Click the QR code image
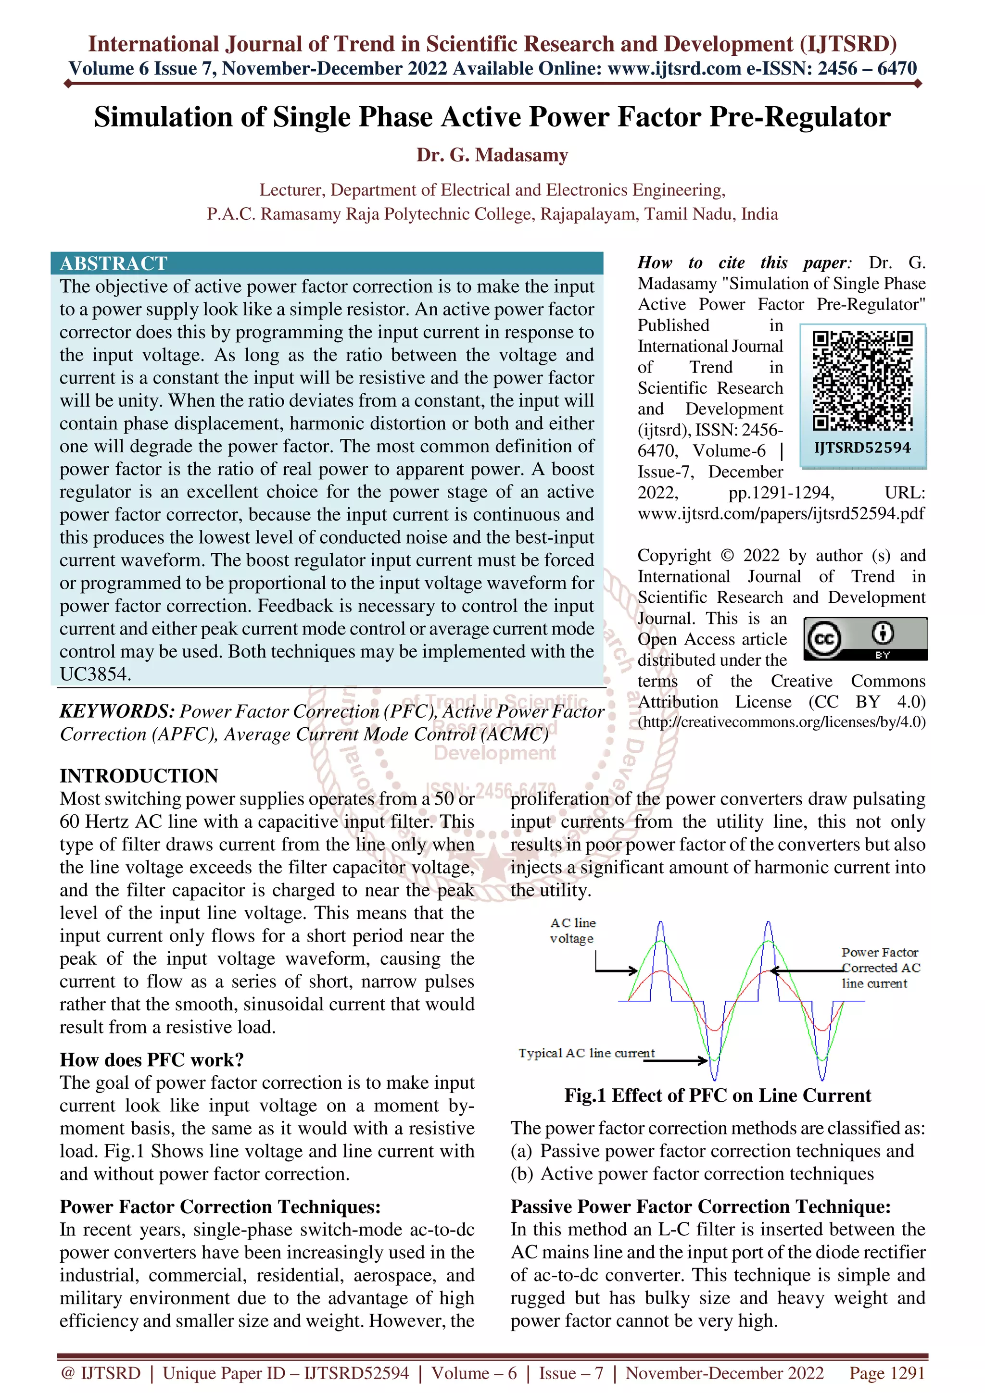tap(862, 380)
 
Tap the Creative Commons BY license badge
tap(865, 639)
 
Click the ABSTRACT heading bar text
tap(114, 263)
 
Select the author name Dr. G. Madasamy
tap(492, 155)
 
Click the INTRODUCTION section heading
tap(139, 776)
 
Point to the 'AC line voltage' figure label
tap(572, 931)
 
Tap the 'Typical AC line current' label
tap(586, 1053)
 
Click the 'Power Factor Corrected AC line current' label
tap(880, 968)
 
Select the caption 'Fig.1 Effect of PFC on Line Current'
tap(718, 1096)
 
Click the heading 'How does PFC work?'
tap(152, 1060)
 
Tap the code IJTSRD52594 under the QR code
tap(862, 448)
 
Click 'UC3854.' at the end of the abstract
tap(95, 674)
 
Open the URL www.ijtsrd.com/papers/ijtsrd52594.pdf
tap(781, 514)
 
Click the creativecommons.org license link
tap(782, 722)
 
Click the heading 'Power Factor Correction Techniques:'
tap(220, 1207)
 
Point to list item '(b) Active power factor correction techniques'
tap(692, 1174)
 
